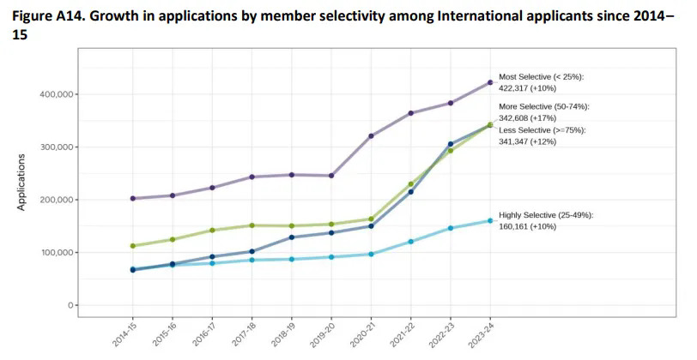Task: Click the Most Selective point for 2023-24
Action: pos(490,82)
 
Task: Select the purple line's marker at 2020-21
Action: pos(371,136)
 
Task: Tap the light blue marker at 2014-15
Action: pos(132,269)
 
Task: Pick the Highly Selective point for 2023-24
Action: pos(490,220)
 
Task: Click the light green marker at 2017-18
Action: pos(252,225)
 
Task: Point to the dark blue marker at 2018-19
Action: pos(292,237)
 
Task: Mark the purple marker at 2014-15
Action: pos(132,198)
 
